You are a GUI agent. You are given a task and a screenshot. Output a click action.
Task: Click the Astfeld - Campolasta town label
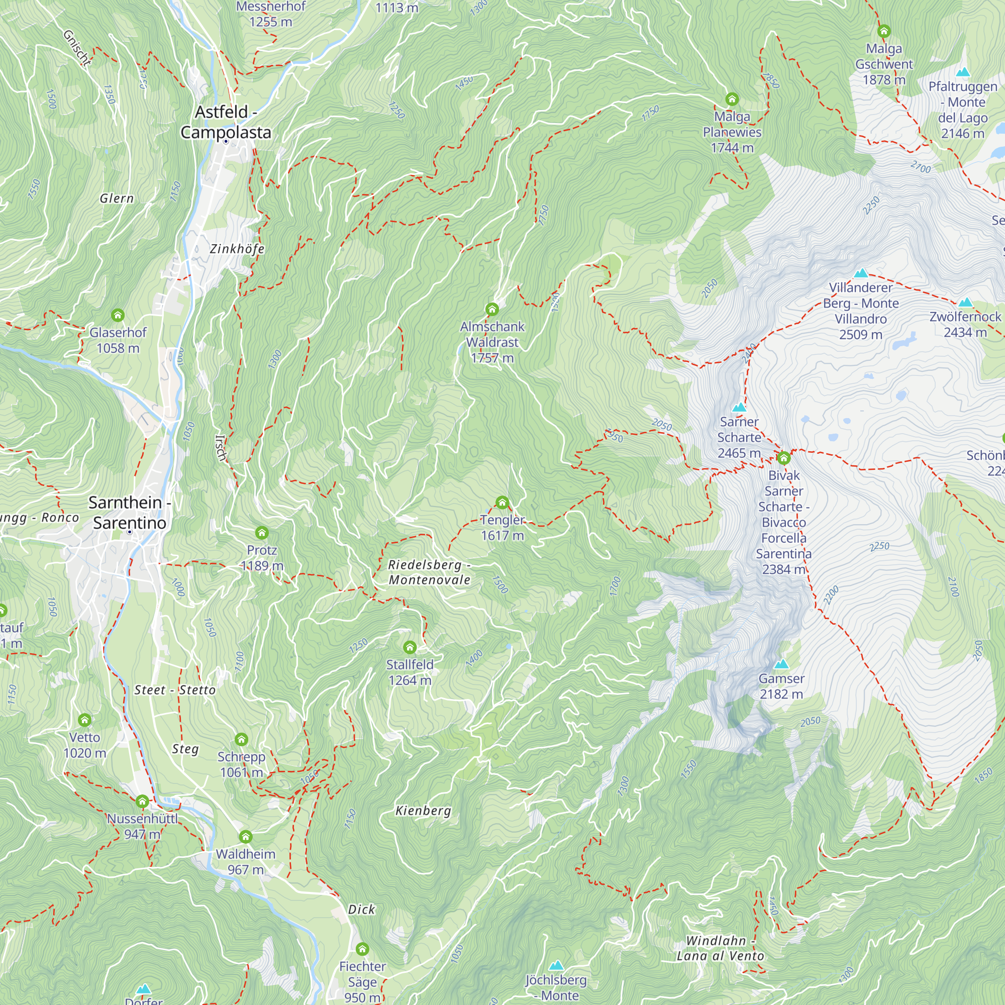[225, 122]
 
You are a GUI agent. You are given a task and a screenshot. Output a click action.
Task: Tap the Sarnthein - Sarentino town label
[130, 513]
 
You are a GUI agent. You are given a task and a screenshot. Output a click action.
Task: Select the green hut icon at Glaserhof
[118, 315]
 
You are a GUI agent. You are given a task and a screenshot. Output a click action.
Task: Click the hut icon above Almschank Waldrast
[491, 310]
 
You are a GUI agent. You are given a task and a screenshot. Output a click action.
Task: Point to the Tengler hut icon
[502, 502]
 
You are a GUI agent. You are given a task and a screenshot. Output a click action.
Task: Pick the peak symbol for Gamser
[781, 664]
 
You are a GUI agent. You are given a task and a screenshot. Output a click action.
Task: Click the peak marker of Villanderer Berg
[861, 273]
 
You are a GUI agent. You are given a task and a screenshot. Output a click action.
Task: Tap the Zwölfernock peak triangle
[965, 303]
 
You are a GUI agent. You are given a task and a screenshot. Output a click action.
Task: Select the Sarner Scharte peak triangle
[739, 408]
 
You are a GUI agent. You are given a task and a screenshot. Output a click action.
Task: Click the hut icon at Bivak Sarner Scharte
[783, 458]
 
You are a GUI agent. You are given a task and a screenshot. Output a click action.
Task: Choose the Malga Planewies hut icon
[732, 99]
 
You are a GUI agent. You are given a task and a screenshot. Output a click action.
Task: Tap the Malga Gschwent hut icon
[884, 31]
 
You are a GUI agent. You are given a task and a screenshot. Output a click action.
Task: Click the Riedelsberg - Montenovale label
[429, 572]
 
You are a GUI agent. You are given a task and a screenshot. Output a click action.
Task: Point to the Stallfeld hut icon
[410, 647]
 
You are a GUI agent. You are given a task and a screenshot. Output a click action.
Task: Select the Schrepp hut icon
[241, 740]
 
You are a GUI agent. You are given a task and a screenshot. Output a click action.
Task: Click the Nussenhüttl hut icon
[142, 801]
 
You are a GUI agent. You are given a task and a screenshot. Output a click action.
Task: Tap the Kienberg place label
[423, 811]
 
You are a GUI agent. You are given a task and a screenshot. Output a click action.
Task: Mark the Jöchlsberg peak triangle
[556, 966]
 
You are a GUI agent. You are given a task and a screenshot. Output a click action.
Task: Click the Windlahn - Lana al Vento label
[720, 948]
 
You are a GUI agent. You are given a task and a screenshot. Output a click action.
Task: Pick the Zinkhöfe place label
[237, 249]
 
